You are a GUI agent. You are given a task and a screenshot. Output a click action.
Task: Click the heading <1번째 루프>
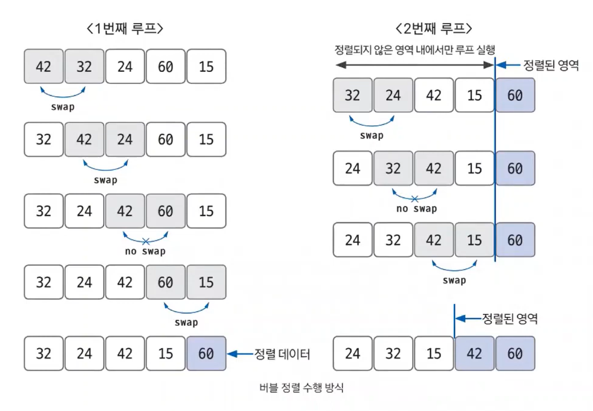click(126, 28)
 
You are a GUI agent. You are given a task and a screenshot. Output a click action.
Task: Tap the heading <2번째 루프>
click(434, 28)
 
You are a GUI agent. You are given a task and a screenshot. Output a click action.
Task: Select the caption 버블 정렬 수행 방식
click(301, 387)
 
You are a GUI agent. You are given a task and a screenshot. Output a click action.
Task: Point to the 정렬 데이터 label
click(282, 354)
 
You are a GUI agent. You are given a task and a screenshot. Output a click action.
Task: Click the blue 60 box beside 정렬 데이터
click(206, 354)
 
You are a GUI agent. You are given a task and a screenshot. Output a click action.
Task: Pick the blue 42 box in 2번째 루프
click(474, 354)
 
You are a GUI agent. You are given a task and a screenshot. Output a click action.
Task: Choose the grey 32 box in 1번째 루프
click(84, 66)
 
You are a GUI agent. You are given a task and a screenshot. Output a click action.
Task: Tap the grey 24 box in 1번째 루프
click(125, 139)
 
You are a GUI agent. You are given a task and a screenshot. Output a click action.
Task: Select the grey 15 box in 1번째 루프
click(206, 282)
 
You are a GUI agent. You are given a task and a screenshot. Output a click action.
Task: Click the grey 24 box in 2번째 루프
click(393, 95)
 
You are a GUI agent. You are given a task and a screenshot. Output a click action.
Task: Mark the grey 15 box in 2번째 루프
click(474, 241)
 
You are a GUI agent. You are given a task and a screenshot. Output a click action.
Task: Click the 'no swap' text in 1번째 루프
click(145, 251)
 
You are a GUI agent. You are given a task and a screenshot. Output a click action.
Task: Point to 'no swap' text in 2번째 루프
click(416, 209)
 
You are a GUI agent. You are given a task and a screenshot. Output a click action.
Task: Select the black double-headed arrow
click(414, 65)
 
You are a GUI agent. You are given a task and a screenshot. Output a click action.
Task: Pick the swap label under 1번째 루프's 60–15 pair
click(186, 323)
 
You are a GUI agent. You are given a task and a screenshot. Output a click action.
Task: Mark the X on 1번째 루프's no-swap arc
click(145, 241)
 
